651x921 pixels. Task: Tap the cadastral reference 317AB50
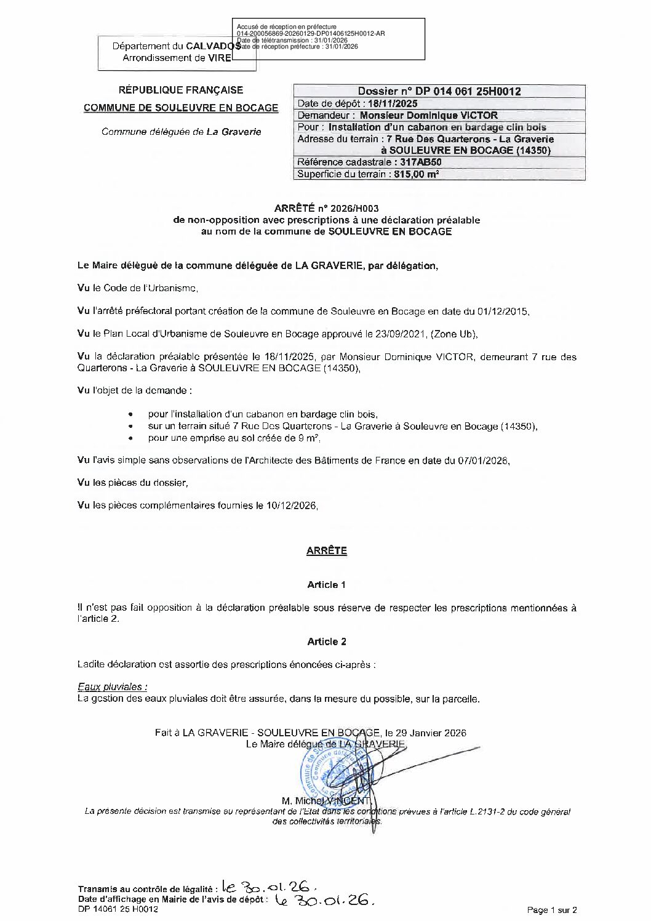click(421, 163)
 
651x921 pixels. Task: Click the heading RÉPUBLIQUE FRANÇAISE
click(181, 90)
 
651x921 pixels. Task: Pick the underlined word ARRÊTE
click(326, 551)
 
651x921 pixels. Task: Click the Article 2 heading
click(326, 641)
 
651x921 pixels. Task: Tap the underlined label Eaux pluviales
click(112, 687)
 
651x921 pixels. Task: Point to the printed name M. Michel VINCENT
click(325, 801)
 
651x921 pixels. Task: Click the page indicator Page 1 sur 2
click(552, 910)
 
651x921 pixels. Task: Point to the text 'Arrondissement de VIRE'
click(177, 58)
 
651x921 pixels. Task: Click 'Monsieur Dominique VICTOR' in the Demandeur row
click(428, 115)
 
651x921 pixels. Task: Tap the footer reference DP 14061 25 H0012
click(118, 910)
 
